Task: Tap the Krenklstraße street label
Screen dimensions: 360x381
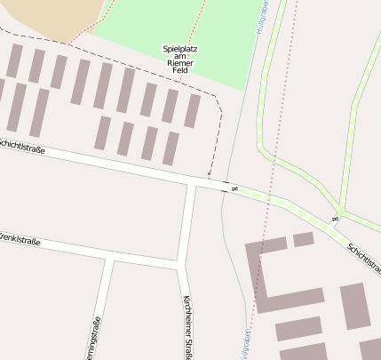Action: (x=20, y=240)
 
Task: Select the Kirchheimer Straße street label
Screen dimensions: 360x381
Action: (x=187, y=326)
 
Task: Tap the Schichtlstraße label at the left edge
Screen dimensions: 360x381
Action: (x=16, y=144)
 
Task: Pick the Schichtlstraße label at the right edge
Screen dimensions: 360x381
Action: (x=363, y=259)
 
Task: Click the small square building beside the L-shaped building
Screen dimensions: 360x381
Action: (x=304, y=239)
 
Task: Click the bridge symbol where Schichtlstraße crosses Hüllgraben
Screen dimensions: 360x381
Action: (x=234, y=188)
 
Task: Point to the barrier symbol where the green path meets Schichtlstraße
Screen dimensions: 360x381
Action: (x=335, y=217)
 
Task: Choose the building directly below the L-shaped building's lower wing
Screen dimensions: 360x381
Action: (x=298, y=329)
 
